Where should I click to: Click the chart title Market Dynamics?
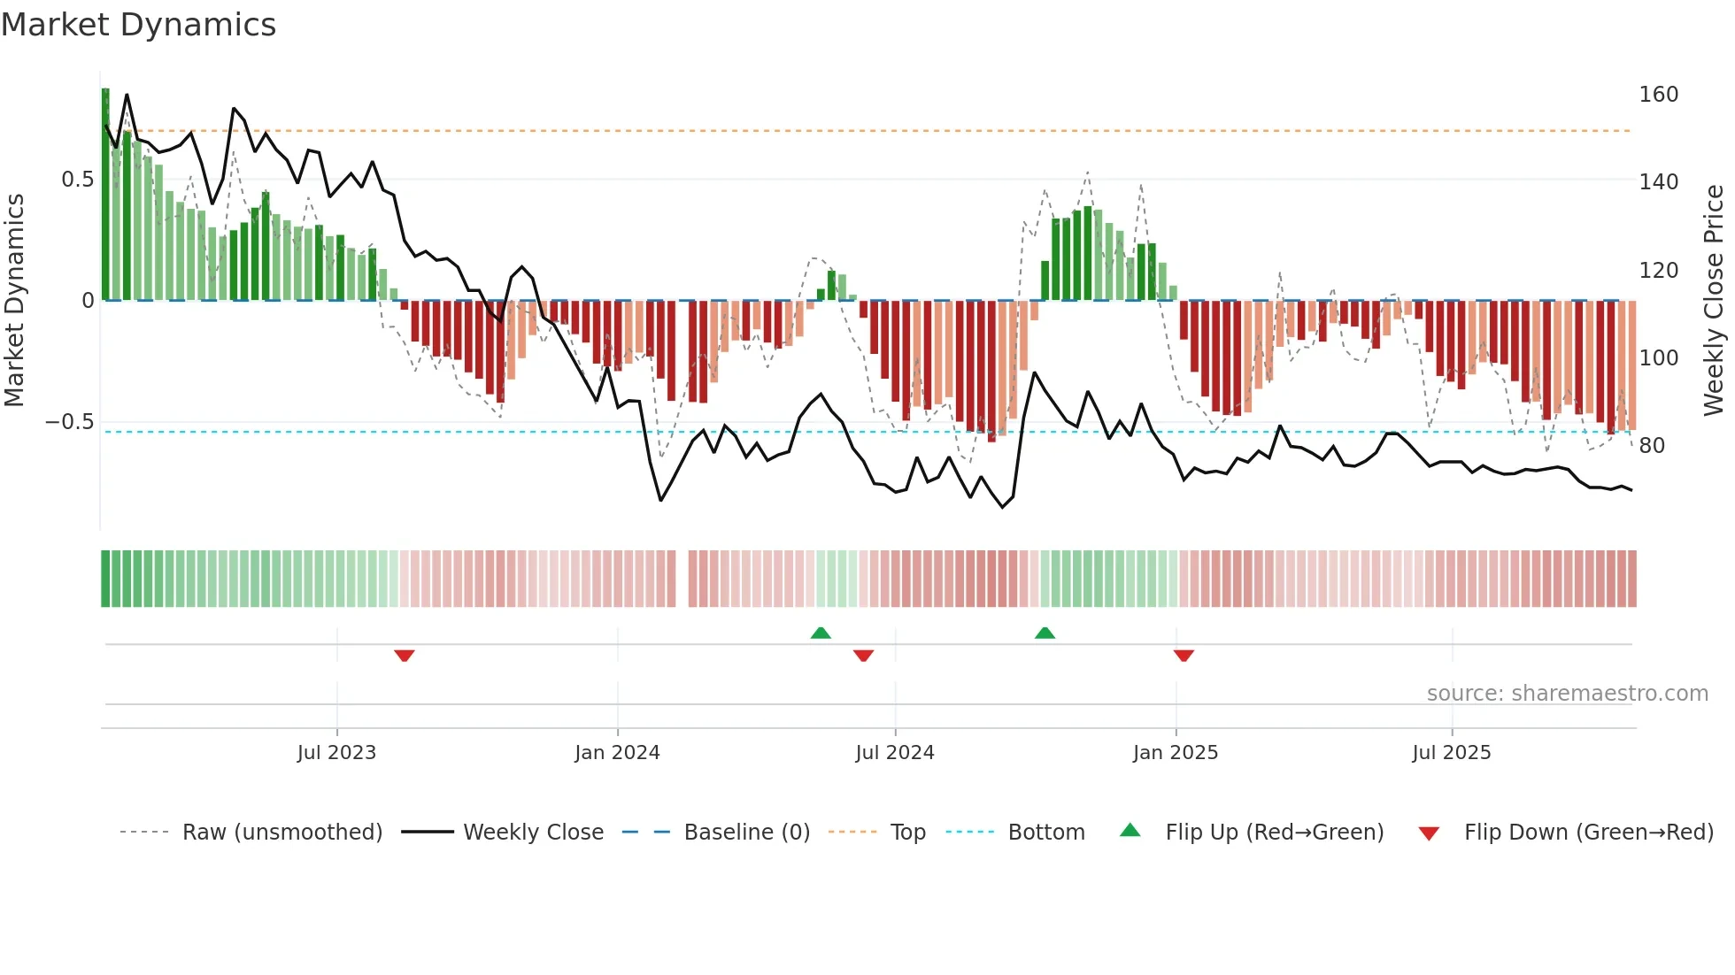pyautogui.click(x=139, y=25)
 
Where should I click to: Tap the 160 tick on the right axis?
pyautogui.click(x=1658, y=95)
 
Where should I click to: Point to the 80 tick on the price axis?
pyautogui.click(x=1652, y=446)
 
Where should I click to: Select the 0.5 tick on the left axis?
pyautogui.click(x=77, y=180)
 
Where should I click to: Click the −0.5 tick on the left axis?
pyautogui.click(x=69, y=422)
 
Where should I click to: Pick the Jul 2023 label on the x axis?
pyautogui.click(x=336, y=753)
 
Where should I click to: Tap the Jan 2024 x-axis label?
pyautogui.click(x=617, y=753)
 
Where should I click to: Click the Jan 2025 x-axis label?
pyautogui.click(x=1175, y=753)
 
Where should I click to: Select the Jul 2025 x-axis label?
pyautogui.click(x=1451, y=753)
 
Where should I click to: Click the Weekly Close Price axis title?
pyautogui.click(x=1714, y=301)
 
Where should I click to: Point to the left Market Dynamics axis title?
pyautogui.click(x=14, y=301)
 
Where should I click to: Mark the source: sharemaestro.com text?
pyautogui.click(x=1567, y=694)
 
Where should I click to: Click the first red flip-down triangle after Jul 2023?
pyautogui.click(x=405, y=656)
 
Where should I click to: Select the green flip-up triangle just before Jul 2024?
pyautogui.click(x=821, y=633)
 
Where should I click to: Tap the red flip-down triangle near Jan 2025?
pyautogui.click(x=1184, y=656)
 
